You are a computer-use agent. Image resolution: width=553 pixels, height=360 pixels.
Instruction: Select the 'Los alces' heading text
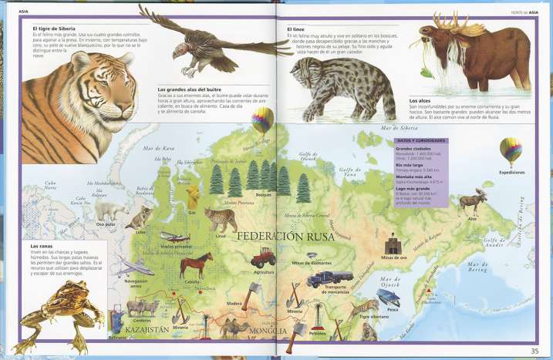tap(420, 101)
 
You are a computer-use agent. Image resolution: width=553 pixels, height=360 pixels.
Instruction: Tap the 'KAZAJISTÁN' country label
tap(139, 328)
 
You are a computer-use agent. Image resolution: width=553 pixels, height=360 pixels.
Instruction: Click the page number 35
tap(534, 352)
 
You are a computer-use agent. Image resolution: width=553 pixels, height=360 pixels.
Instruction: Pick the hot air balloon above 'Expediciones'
tap(510, 150)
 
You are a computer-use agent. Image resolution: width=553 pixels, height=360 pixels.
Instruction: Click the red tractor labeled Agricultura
tap(264, 256)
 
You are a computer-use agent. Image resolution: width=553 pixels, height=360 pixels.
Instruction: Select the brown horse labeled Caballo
tap(195, 266)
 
